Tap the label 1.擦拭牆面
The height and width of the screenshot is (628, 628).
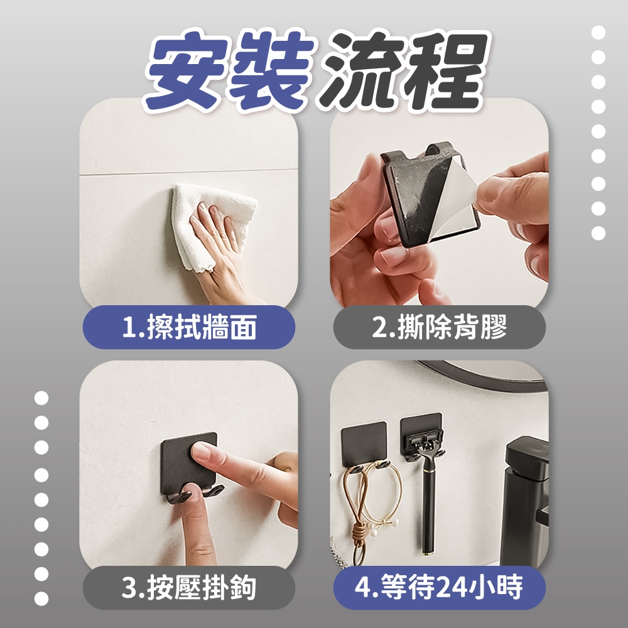189,327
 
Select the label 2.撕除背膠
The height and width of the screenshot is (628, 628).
440,327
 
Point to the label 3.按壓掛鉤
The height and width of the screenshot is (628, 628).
189,588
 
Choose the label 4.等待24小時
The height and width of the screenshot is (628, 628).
440,587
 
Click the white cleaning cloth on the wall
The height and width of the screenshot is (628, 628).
212,224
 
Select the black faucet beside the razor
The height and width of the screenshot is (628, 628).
524,501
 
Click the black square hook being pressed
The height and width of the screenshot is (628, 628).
189,465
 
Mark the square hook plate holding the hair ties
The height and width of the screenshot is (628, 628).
364,444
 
